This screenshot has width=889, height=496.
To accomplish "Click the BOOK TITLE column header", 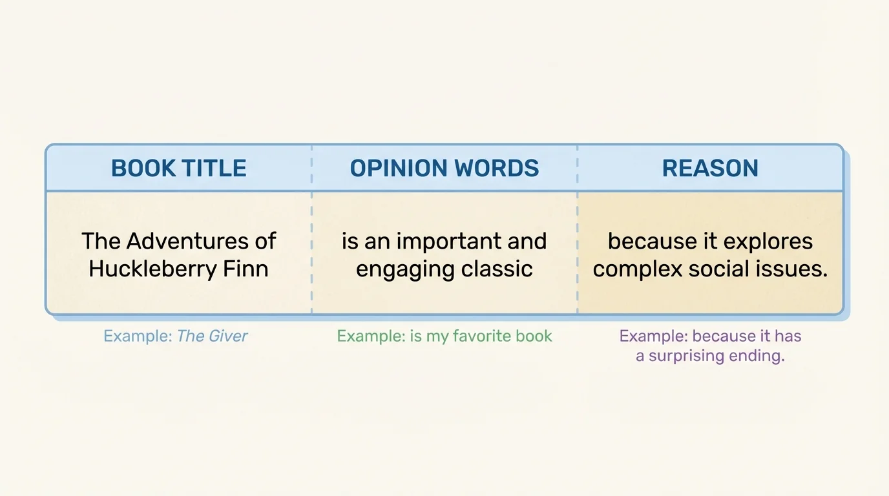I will coord(178,169).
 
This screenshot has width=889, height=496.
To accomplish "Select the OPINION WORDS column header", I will coord(444,169).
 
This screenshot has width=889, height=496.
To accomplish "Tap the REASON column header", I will coord(710,169).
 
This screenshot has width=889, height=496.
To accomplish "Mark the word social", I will coord(715,269).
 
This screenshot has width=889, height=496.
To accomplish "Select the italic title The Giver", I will coord(213,336).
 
